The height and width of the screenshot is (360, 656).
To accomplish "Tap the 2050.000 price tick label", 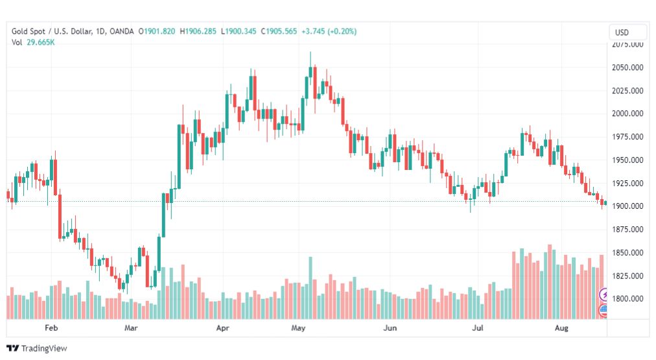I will (627, 67).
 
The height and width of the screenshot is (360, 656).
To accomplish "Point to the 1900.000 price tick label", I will (627, 206).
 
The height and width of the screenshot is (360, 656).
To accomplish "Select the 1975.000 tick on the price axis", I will (627, 137).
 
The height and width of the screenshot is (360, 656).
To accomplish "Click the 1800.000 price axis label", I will (627, 299).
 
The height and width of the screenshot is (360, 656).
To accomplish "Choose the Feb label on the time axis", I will (51, 329).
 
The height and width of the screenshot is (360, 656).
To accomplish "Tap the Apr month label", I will (223, 329).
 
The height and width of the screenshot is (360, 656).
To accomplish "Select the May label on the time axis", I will (298, 329).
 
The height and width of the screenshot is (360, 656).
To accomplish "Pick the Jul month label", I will (478, 329).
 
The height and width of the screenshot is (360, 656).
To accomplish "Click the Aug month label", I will (562, 329).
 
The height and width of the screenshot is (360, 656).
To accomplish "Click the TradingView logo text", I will (44, 348).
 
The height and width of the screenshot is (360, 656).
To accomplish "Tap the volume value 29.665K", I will (40, 42).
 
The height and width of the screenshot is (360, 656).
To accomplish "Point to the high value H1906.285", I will (199, 31).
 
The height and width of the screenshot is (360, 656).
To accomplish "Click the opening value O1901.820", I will (158, 31).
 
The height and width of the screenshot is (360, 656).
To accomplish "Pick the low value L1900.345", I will (239, 31).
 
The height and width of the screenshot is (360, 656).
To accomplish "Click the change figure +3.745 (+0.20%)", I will (329, 31).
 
